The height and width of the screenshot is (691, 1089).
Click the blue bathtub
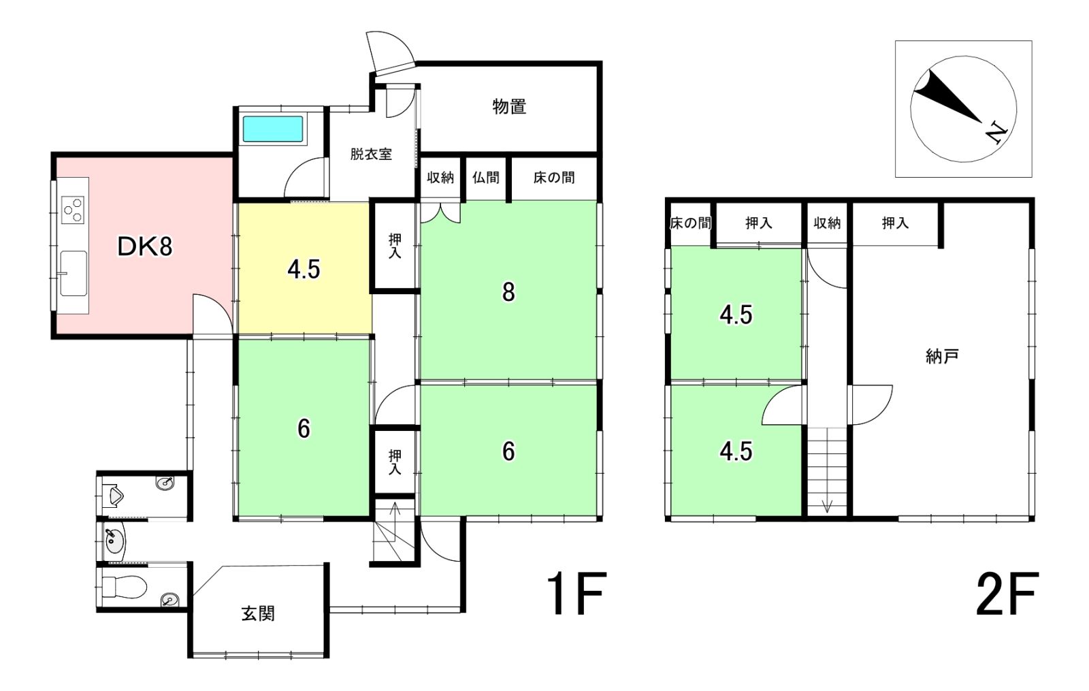273,129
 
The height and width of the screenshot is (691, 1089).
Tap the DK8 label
145,247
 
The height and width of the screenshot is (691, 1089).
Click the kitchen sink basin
74,273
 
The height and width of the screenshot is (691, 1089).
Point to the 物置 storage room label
509,106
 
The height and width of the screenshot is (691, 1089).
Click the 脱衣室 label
371,154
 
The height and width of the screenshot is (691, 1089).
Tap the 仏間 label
486,178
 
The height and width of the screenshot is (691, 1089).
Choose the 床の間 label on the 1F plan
554,178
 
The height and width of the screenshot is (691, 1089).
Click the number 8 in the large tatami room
508,292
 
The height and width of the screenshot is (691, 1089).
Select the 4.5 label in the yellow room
304,270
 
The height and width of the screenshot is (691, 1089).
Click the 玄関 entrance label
258,613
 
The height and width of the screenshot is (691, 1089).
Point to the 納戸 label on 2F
941,357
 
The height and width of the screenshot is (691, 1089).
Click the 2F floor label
1007,594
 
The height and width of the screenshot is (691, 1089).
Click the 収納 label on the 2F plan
827,223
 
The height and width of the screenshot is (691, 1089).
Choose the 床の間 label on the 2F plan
690,223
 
